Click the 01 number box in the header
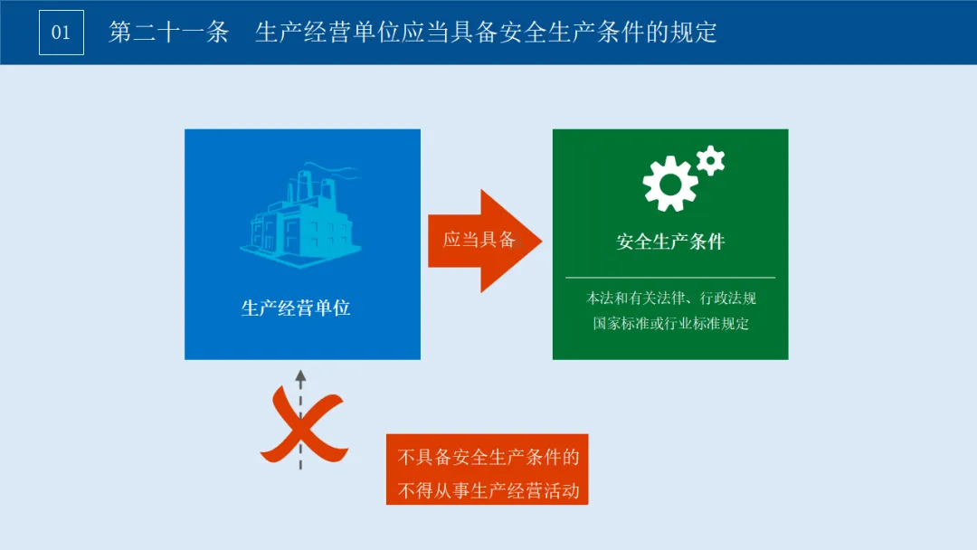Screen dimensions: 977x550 pyautogui.click(x=61, y=33)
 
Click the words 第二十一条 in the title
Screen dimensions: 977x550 pyautogui.click(x=168, y=33)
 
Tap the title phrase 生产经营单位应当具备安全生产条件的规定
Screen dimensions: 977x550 pyautogui.click(x=486, y=33)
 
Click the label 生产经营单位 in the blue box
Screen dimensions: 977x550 pyautogui.click(x=296, y=308)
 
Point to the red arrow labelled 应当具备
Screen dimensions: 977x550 pyautogui.click(x=484, y=241)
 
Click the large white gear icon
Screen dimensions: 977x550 pyautogui.click(x=669, y=184)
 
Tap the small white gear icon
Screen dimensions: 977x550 pyautogui.click(x=711, y=160)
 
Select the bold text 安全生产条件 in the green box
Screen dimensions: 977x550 pyautogui.click(x=670, y=242)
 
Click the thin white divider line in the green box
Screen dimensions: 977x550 pyautogui.click(x=670, y=277)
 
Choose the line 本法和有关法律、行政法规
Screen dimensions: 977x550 pyautogui.click(x=670, y=298)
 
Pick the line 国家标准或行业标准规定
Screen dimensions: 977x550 pyautogui.click(x=670, y=323)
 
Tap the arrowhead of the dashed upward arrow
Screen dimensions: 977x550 pyautogui.click(x=300, y=375)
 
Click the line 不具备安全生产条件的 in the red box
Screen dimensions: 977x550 pyautogui.click(x=488, y=458)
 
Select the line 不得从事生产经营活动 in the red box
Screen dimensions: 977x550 pyautogui.click(x=488, y=492)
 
